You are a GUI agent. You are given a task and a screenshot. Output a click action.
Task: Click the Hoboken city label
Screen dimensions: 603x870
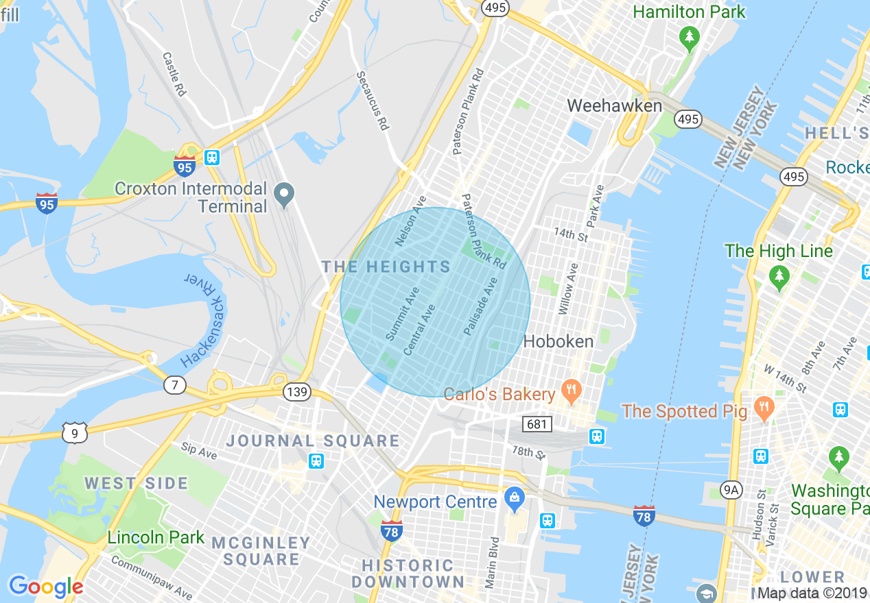point(558,341)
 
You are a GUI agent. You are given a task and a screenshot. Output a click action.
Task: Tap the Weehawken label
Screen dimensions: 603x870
point(615,106)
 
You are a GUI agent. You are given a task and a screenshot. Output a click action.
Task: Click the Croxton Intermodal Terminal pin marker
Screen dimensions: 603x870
point(283,195)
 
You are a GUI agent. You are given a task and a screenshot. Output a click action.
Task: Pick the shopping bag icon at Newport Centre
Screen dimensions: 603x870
point(514,501)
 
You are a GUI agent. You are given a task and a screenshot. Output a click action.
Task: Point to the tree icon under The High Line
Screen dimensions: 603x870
point(779,278)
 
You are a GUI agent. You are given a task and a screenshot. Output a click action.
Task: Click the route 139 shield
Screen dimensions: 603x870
point(297,392)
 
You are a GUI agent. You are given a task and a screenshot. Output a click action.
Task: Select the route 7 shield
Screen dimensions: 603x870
point(175,385)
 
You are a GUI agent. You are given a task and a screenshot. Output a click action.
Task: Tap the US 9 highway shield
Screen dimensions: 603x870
point(74,432)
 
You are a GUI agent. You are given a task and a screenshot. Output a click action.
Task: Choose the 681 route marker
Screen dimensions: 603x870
point(537,424)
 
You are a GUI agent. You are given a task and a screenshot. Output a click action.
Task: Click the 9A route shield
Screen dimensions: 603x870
point(732,489)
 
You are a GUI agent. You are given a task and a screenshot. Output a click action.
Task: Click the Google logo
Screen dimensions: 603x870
point(46,587)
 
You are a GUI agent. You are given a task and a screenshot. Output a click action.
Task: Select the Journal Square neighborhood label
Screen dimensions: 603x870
point(313,441)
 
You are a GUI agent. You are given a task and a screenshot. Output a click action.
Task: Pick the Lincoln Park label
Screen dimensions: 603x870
point(156,537)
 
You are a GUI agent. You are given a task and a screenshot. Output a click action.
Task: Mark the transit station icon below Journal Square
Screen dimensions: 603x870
point(316,460)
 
